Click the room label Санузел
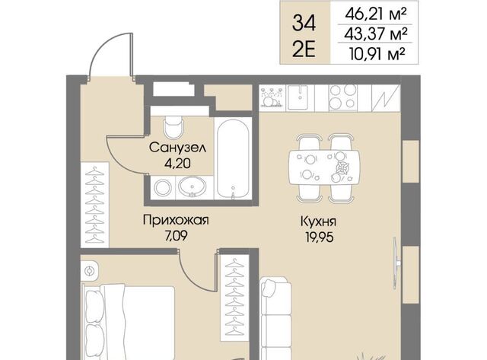coord(177,147)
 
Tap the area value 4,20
coord(177,164)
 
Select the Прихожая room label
coord(176,220)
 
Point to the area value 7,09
coord(176,236)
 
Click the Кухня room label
coord(319,221)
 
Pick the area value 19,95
coord(319,237)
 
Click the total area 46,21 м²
coord(375,14)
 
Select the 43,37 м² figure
coord(375,33)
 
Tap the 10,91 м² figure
coord(377,54)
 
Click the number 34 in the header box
coord(304,24)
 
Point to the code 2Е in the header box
coord(304,49)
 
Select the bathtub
coord(233,158)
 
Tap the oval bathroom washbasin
coord(193,187)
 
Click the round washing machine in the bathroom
coord(163,187)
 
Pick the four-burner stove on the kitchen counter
coord(342,97)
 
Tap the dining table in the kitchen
coord(325,167)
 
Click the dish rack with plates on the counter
coord(272,97)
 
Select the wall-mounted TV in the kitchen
coord(396,263)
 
